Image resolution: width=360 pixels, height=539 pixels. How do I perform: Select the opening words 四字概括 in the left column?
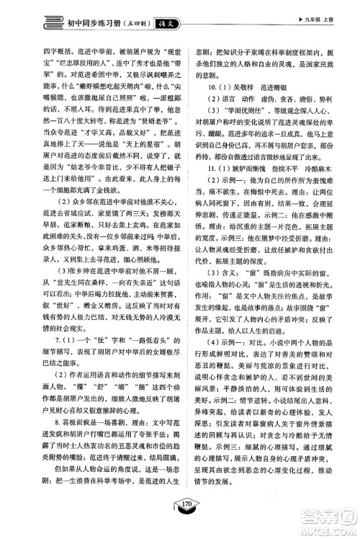point(42,50)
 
